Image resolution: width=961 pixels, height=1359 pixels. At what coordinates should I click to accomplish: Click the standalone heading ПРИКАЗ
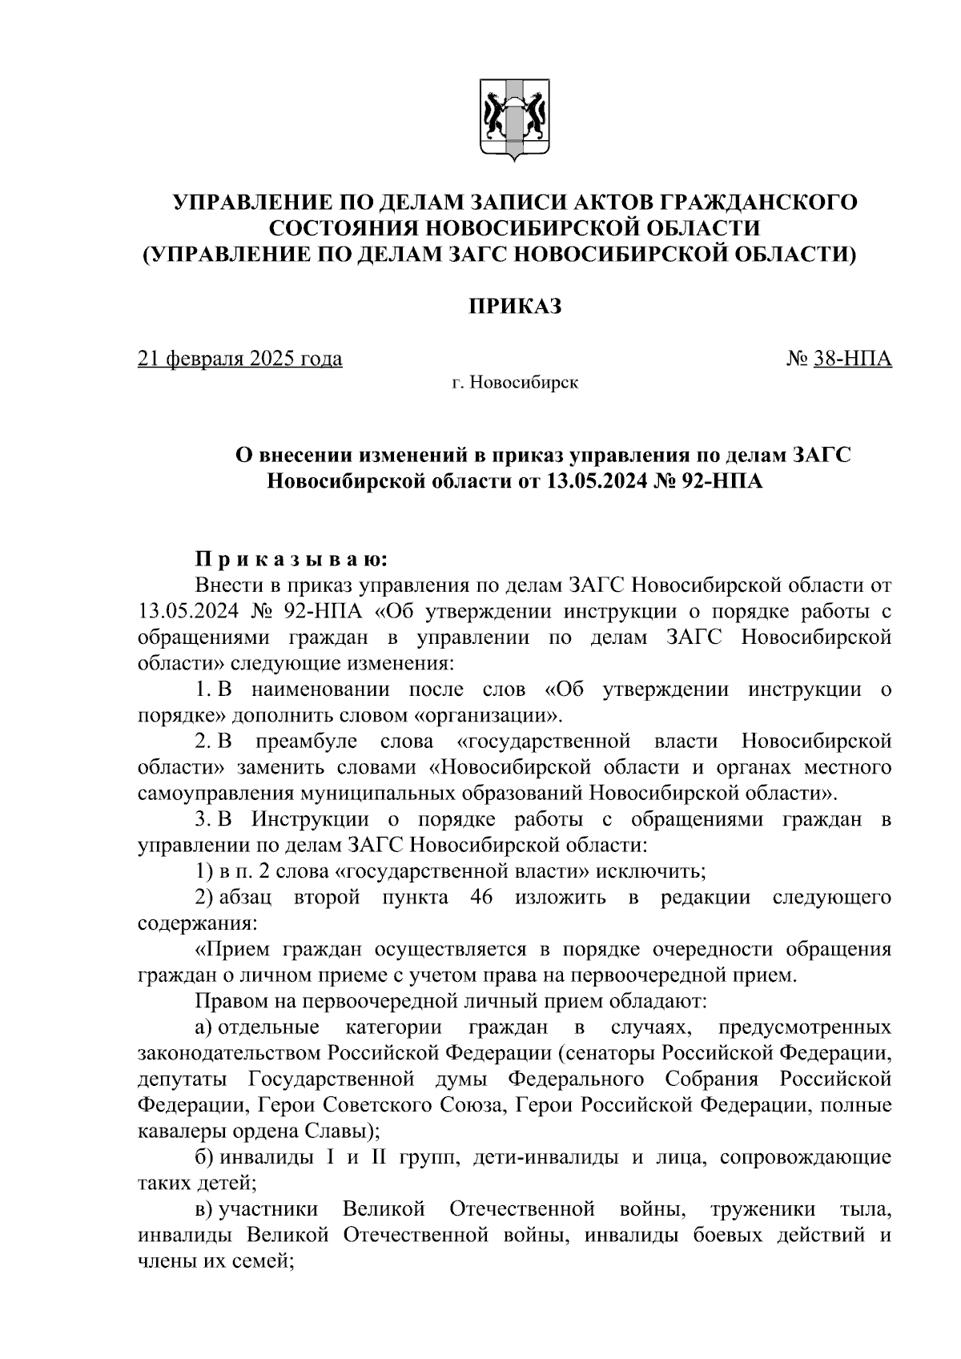coord(514,306)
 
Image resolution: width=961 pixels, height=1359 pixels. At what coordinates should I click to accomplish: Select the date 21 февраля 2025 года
coord(240,358)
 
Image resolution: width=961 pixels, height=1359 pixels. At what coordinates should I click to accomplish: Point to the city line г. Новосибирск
coord(514,383)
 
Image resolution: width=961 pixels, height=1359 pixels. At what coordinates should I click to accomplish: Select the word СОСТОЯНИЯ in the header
coord(341,228)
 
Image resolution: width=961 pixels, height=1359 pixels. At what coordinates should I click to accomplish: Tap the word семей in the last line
coord(255,1261)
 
